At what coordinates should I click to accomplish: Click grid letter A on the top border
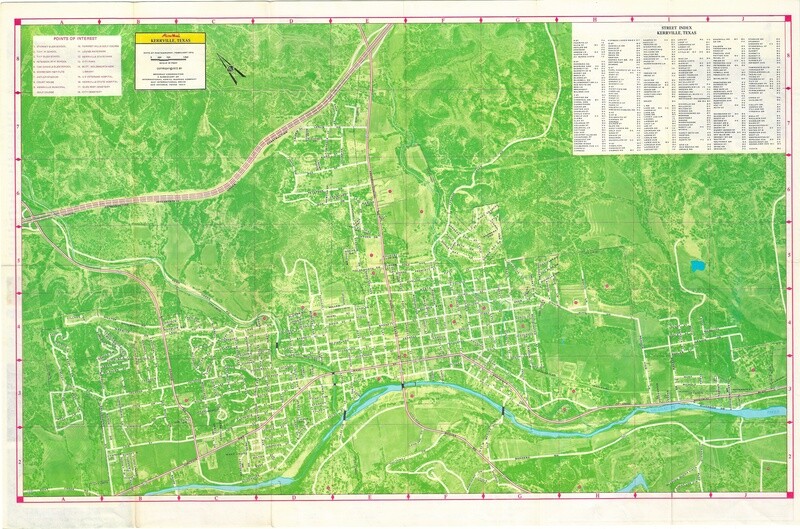coord(63,18)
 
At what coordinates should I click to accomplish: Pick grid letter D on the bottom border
coord(292,497)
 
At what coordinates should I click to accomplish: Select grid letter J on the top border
coord(742,18)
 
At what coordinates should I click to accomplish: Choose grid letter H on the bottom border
coord(594,497)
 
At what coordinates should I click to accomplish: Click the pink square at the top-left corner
coord(22,19)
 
